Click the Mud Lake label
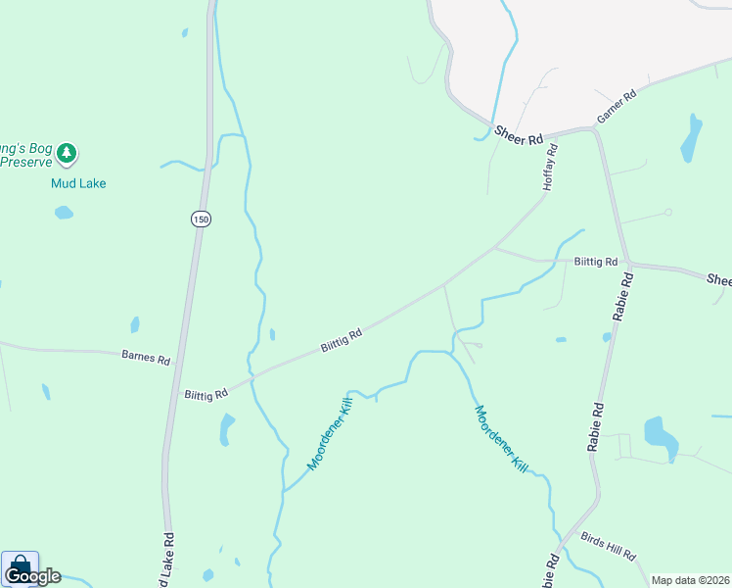[x=78, y=183]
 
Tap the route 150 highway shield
[x=201, y=220]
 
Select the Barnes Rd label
[x=145, y=357]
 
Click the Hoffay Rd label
[x=550, y=167]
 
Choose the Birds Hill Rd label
[x=608, y=547]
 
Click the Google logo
[x=33, y=576]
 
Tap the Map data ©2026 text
[x=690, y=580]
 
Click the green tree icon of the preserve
[x=67, y=153]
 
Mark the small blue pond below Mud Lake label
[x=64, y=213]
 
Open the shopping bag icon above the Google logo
[x=20, y=564]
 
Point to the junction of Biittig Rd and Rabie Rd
[x=629, y=264]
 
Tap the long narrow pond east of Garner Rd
[x=691, y=139]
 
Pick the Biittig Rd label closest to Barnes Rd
[x=206, y=393]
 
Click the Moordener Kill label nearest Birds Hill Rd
[x=501, y=440]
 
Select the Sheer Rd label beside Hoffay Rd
[x=518, y=135]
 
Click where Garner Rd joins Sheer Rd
[x=595, y=128]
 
